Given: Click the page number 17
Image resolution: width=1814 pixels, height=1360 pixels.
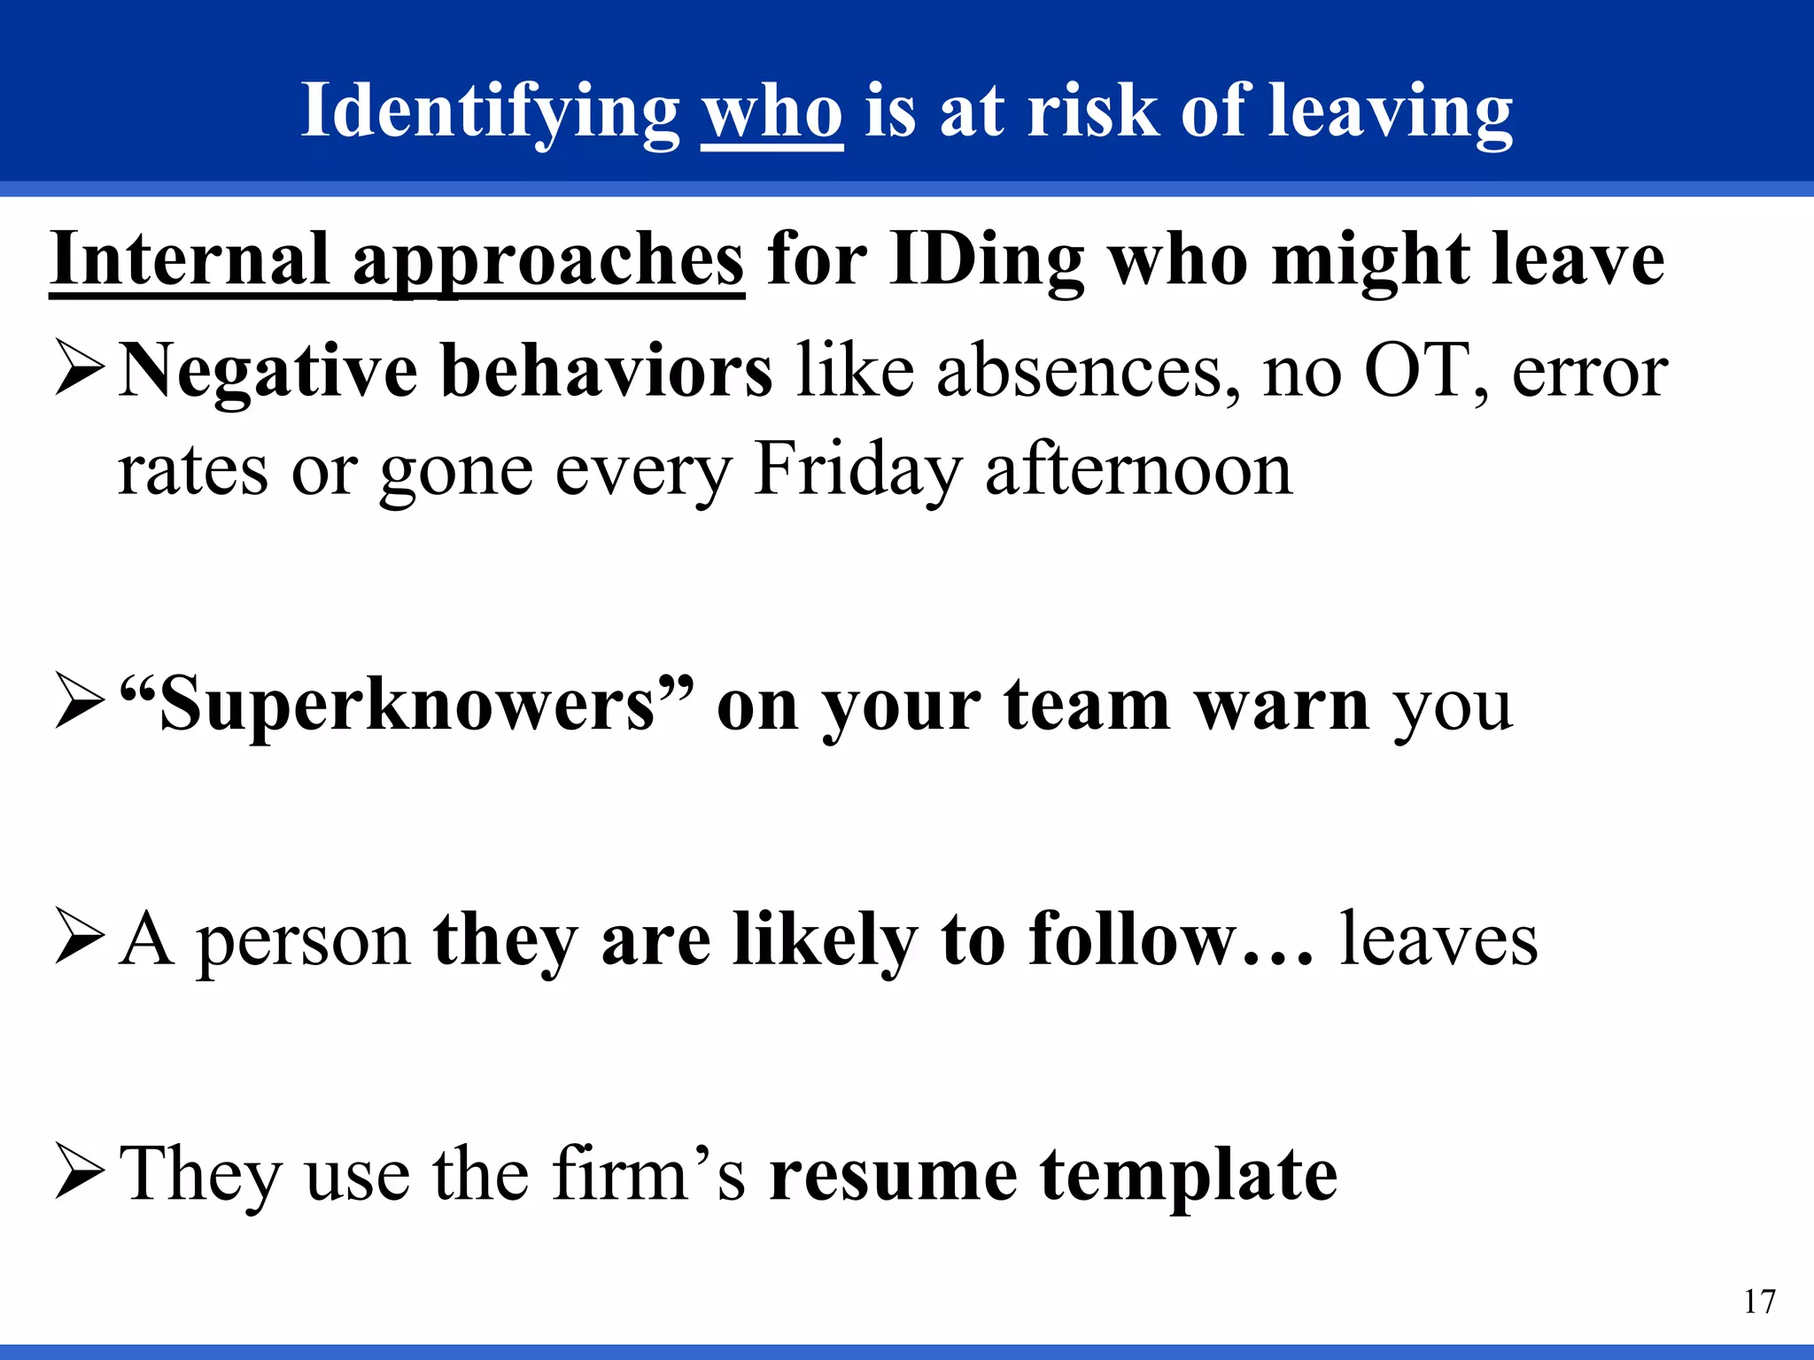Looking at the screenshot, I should (1759, 1302).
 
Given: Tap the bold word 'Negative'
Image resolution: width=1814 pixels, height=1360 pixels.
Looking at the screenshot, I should (268, 372).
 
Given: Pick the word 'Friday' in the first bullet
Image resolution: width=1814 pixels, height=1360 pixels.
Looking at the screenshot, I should (857, 471).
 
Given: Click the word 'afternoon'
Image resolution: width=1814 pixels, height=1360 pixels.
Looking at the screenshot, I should (1138, 469).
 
